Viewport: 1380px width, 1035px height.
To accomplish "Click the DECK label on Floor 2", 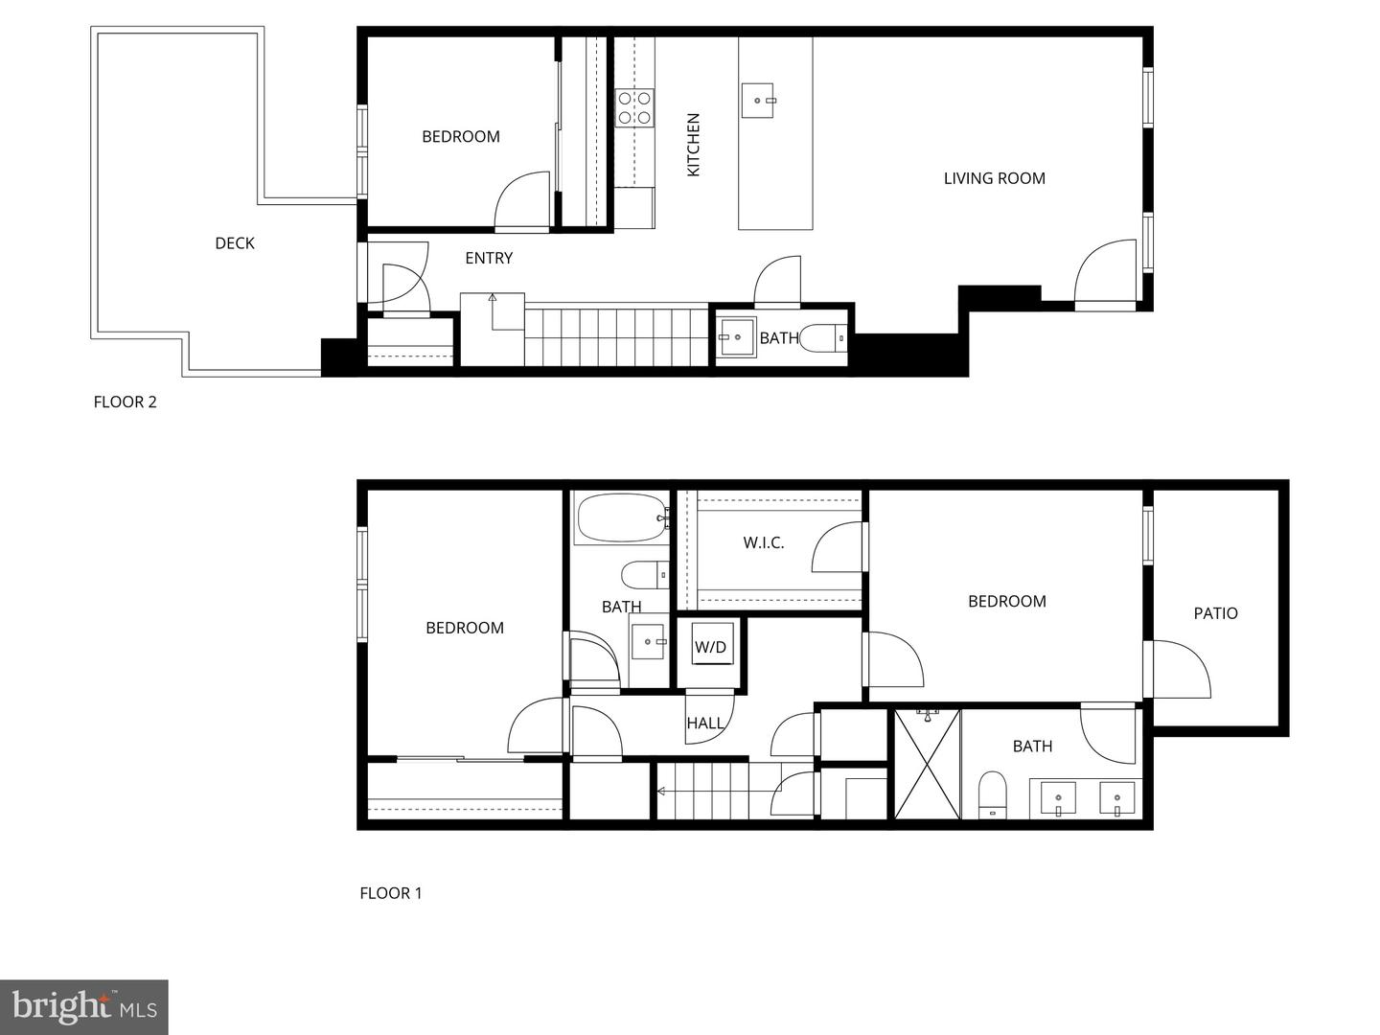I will click(x=234, y=243).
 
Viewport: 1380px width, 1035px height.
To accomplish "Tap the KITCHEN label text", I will click(x=694, y=145).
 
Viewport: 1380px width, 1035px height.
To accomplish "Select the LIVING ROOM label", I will click(x=994, y=178).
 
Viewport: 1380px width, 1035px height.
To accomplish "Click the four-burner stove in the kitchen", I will click(x=633, y=107).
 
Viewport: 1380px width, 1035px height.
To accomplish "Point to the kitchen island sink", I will click(x=759, y=100).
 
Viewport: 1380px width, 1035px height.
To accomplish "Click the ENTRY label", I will click(x=489, y=258).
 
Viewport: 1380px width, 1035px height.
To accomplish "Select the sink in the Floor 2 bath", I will click(x=737, y=337).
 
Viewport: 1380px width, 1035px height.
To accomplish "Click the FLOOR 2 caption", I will click(x=125, y=402).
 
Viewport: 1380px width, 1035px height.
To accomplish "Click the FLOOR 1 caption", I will click(x=391, y=893).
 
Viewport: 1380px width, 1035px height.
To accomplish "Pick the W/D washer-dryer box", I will click(x=710, y=647).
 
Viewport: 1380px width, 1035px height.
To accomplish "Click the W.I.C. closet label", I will click(x=764, y=542).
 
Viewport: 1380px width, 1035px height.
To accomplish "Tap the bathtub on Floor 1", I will click(x=621, y=518).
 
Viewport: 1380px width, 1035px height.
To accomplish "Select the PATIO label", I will click(x=1215, y=613).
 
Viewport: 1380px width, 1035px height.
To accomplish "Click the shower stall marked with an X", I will click(x=926, y=765).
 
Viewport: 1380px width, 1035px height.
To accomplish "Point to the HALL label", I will click(x=704, y=724).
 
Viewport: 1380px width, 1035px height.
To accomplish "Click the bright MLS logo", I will click(x=84, y=1007).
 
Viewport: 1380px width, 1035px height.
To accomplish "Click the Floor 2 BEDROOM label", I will click(x=461, y=137).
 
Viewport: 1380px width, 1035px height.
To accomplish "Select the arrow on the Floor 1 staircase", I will click(x=661, y=792).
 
